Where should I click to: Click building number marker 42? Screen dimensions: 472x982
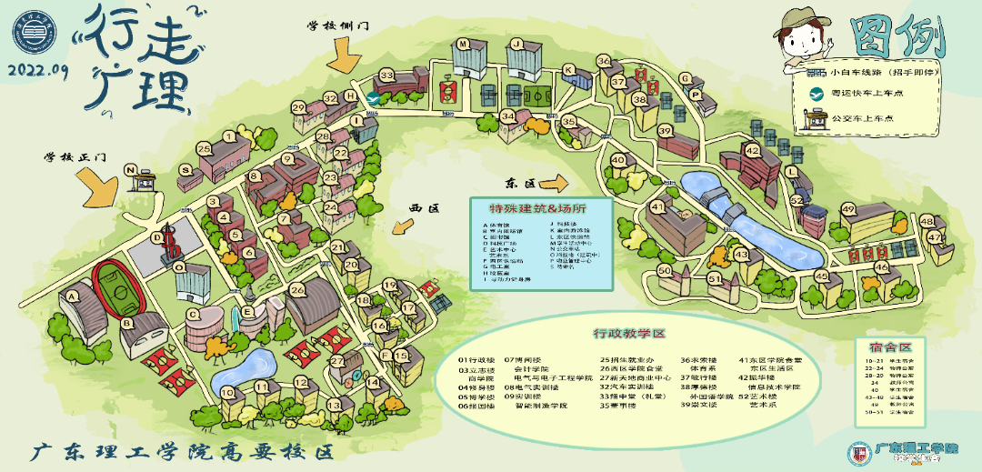[x=751, y=150]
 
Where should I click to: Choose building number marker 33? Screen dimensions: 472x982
[x=387, y=75]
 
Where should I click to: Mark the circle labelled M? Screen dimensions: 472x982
[x=463, y=43]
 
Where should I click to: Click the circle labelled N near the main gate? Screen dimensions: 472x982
[x=131, y=169]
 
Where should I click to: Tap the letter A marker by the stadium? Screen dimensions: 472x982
[x=70, y=293]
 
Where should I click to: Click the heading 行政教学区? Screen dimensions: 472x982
[x=629, y=333]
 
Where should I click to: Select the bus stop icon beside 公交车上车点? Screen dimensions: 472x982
[x=816, y=117]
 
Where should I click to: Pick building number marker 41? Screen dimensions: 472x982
[x=656, y=208]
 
